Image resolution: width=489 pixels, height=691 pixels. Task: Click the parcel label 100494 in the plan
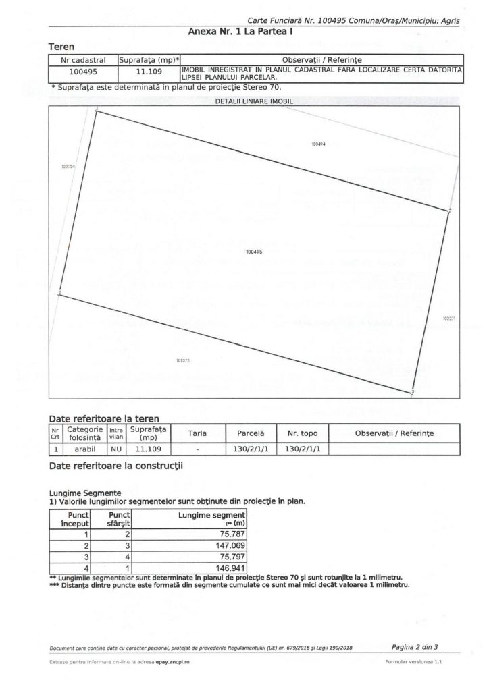[319, 144]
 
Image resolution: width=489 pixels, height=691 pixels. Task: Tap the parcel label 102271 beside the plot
[449, 318]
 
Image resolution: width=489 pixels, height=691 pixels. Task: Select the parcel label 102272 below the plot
[182, 360]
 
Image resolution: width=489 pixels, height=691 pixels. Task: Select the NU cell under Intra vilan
[115, 447]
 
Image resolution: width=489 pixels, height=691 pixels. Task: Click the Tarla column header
[197, 432]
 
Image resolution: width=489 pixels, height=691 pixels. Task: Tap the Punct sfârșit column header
[120, 518]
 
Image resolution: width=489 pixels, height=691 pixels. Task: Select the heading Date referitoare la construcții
[116, 465]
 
